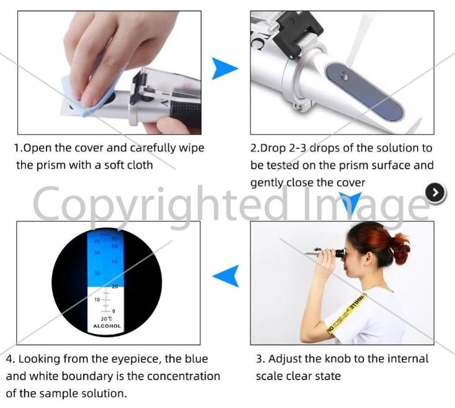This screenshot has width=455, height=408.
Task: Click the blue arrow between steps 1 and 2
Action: pos(223,68)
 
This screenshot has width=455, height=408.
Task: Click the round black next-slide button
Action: pos(435,193)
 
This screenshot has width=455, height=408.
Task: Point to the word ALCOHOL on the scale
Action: pos(107,326)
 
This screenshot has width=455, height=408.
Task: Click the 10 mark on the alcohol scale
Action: pos(97,299)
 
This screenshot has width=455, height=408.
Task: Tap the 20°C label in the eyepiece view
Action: pos(106,319)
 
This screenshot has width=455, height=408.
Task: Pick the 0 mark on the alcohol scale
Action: pos(114,311)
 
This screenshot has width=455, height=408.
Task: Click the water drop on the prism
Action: pos(344,76)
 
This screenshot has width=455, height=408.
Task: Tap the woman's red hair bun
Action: pos(401,247)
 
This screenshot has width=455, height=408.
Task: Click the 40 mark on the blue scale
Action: pos(115,261)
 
